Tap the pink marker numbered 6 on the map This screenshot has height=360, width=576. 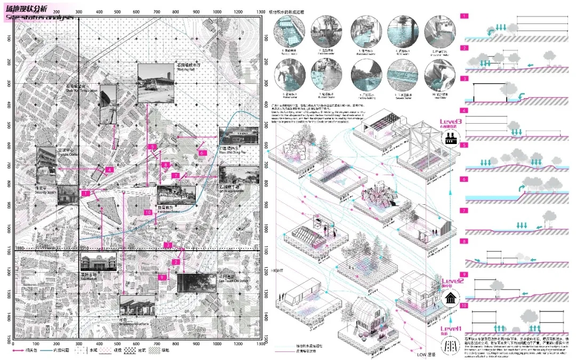pos(202,153)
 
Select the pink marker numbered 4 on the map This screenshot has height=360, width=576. pos(108,170)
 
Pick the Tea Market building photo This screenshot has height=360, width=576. pos(98,262)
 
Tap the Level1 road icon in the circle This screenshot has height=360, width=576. pos(451,346)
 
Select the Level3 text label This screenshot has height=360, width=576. pos(451,122)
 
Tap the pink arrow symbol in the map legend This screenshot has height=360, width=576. pos(21,351)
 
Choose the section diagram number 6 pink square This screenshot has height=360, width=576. pos(465,179)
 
